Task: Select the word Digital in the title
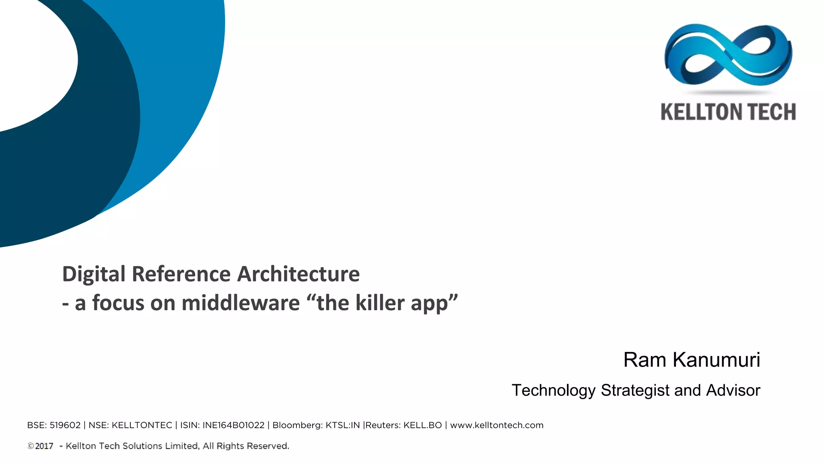tap(94, 274)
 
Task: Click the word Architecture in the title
tap(298, 274)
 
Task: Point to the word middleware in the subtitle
tap(241, 303)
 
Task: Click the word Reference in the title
tap(181, 274)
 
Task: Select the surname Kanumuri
tap(716, 360)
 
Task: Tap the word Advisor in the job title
tap(733, 390)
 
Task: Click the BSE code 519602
tap(65, 425)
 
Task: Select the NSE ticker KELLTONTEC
tap(142, 425)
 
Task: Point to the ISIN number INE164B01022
tap(233, 425)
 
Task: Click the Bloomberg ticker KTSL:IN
tap(342, 425)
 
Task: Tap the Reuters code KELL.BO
tap(422, 425)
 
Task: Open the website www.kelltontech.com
tap(496, 425)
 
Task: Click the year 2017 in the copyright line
tap(44, 446)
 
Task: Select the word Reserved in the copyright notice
tap(268, 446)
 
